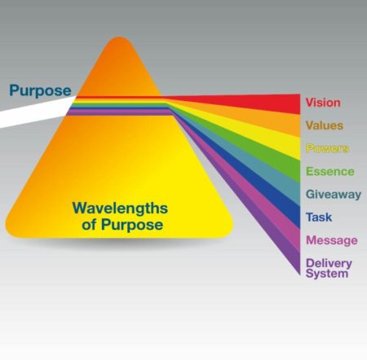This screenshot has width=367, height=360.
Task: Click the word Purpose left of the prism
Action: (40, 91)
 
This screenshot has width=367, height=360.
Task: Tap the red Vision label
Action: (323, 103)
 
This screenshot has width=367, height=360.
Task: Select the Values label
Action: (325, 125)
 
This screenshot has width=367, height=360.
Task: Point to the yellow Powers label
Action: (327, 148)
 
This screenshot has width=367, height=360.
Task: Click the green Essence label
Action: (330, 171)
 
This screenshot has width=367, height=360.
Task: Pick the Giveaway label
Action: (334, 195)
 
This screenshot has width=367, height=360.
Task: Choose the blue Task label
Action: (319, 217)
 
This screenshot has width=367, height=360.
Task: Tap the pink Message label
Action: (332, 240)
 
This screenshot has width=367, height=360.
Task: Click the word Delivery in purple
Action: (329, 263)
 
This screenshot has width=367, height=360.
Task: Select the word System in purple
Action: (327, 273)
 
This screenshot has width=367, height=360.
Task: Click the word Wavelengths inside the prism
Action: (120, 209)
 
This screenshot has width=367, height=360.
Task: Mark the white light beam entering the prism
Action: (37, 112)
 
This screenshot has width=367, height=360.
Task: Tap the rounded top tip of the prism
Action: (119, 38)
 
